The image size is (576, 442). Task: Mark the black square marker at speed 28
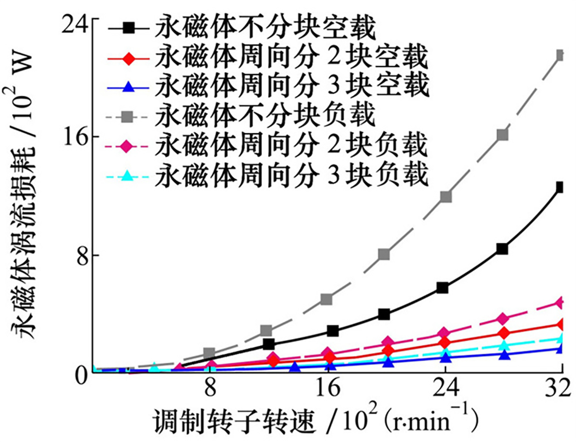pos(502,249)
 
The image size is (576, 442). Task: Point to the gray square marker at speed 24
pos(445,197)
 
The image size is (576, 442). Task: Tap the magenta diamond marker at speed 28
pos(502,319)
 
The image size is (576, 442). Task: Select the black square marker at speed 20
pos(384,314)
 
